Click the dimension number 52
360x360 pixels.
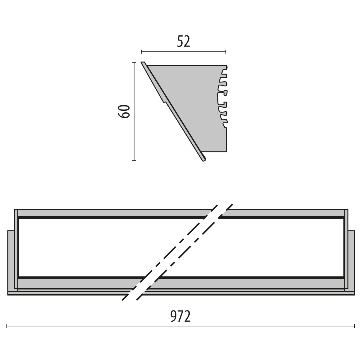click(x=184, y=41)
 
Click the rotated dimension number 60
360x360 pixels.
click(x=124, y=111)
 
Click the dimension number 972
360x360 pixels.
click(x=181, y=316)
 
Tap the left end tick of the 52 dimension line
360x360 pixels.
click(x=141, y=52)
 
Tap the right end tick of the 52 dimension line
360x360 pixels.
click(x=226, y=52)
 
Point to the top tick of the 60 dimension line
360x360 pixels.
click(x=134, y=63)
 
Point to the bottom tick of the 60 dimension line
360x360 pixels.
click(x=134, y=160)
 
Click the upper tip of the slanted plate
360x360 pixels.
click(x=143, y=63)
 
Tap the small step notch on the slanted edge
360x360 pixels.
click(x=163, y=101)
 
